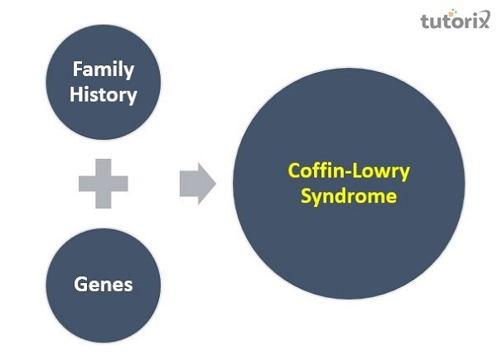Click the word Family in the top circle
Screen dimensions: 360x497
[103, 69]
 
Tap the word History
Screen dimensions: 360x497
[103, 94]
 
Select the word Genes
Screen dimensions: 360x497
[103, 284]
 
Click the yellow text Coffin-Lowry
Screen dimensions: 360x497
[349, 171]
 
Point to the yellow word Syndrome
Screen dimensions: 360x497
[349, 196]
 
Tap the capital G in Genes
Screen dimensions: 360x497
[80, 284]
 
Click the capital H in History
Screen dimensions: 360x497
[75, 94]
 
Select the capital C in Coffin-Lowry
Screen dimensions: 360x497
[293, 171]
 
